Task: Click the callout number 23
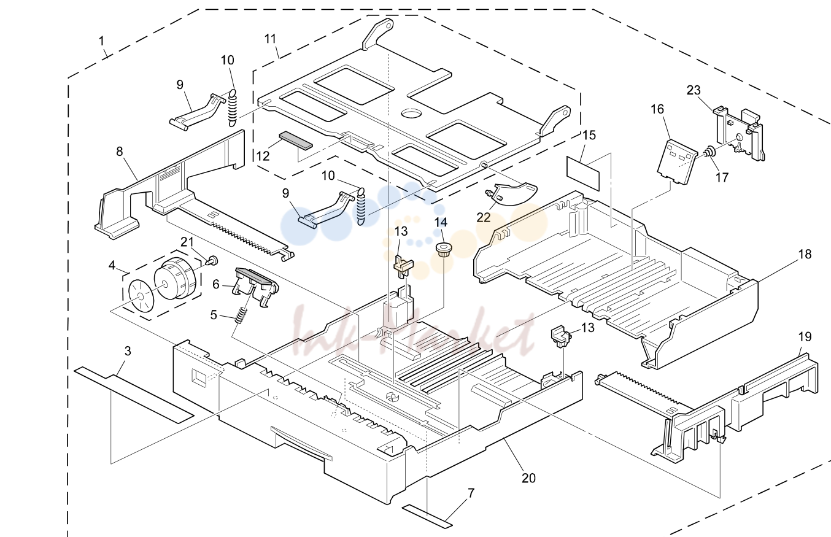point(693,90)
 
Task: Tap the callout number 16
point(657,109)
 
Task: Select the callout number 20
point(528,479)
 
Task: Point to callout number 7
point(471,493)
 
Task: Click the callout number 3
point(128,351)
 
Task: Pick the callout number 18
point(805,255)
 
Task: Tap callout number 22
point(484,218)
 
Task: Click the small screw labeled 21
point(213,260)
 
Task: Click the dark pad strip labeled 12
point(296,140)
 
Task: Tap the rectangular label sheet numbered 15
point(583,174)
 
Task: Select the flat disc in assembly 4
point(141,296)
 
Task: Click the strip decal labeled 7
point(428,516)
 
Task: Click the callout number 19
point(805,337)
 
